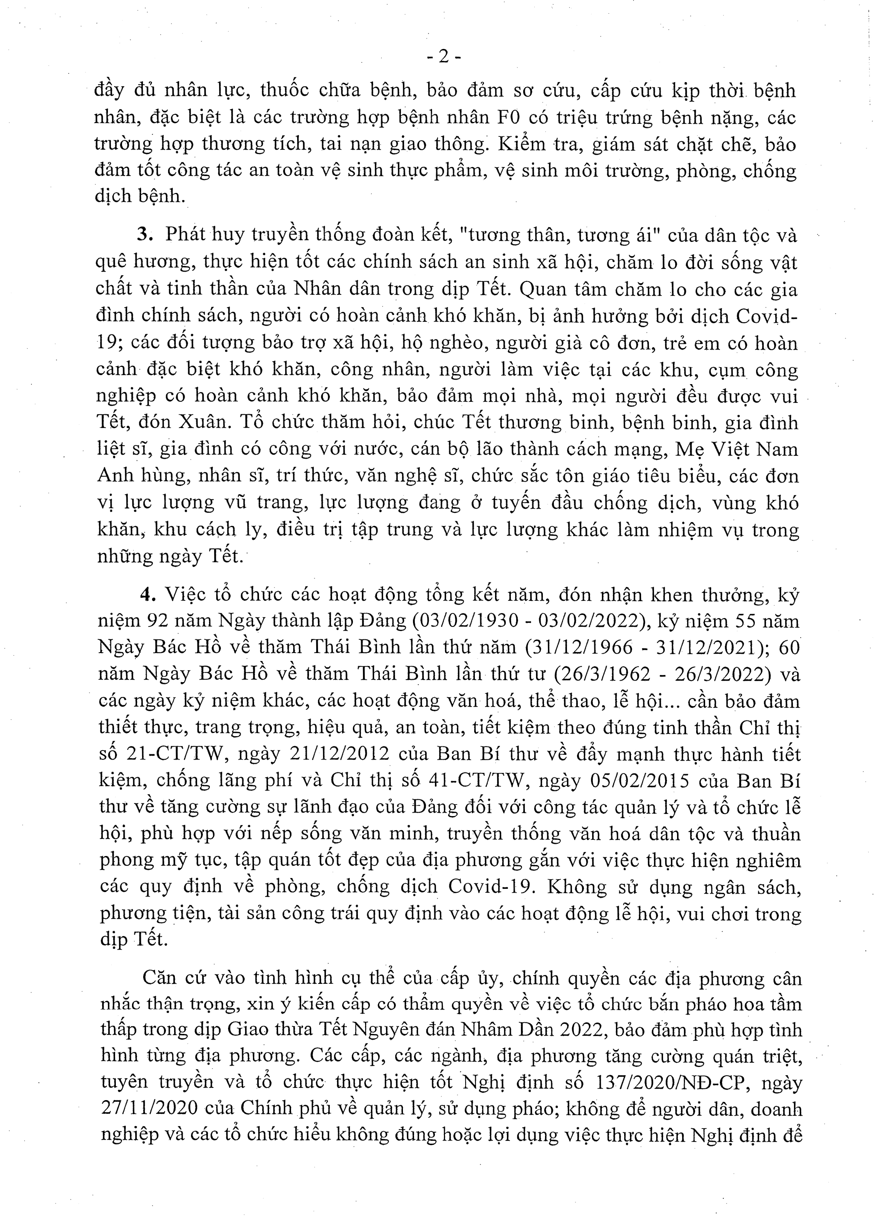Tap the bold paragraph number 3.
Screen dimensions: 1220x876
(x=142, y=235)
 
